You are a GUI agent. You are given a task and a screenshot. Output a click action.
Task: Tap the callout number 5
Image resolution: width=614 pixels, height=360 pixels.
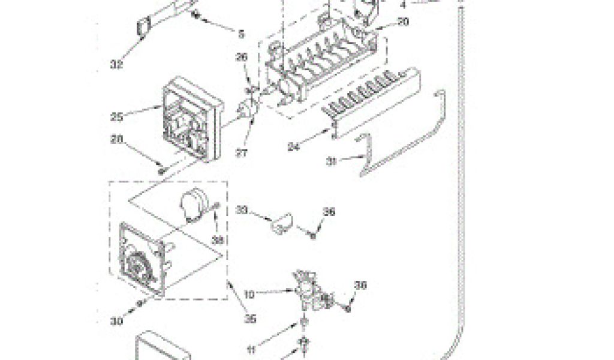[241, 35]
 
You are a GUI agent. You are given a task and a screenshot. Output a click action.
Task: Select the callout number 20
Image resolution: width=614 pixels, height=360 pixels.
[402, 22]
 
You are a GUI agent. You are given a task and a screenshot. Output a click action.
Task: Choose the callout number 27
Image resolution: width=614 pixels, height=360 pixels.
[242, 153]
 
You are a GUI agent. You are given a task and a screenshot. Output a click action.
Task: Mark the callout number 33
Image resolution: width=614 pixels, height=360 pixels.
[242, 210]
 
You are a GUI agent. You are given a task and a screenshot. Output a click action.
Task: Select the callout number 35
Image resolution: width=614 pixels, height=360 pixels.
[251, 319]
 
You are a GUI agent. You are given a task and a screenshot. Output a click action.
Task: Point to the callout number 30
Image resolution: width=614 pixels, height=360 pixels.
[118, 321]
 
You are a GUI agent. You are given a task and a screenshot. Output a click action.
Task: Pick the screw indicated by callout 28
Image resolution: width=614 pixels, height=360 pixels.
[161, 170]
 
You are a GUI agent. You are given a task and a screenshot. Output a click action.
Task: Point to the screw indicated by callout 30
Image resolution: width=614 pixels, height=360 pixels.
[140, 304]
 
